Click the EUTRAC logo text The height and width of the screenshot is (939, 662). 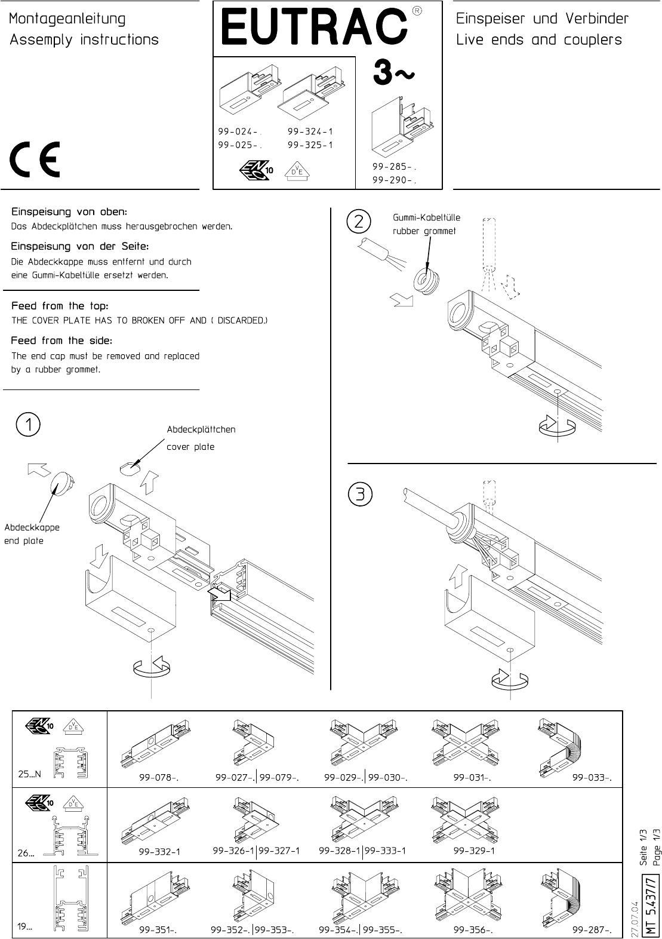314,28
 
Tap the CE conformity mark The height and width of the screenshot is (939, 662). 35,159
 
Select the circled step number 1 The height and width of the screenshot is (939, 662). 28,425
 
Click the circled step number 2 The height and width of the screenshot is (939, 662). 359,222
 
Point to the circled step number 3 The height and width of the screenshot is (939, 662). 360,495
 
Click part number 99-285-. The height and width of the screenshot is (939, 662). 394,167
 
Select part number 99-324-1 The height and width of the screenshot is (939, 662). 310,131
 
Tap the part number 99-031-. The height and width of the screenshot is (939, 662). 472,778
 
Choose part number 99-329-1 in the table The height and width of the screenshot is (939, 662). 474,851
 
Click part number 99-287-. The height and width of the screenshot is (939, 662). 592,929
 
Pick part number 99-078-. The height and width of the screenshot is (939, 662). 159,778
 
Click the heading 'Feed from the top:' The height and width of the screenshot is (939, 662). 60,306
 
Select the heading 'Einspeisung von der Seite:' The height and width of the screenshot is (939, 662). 80,246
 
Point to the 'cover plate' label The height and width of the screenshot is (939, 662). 190,447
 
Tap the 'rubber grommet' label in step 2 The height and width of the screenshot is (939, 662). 424,231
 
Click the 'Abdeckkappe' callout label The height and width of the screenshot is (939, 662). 32,527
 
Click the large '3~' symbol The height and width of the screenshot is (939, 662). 393,72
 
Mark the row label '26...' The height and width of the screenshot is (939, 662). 26,852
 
